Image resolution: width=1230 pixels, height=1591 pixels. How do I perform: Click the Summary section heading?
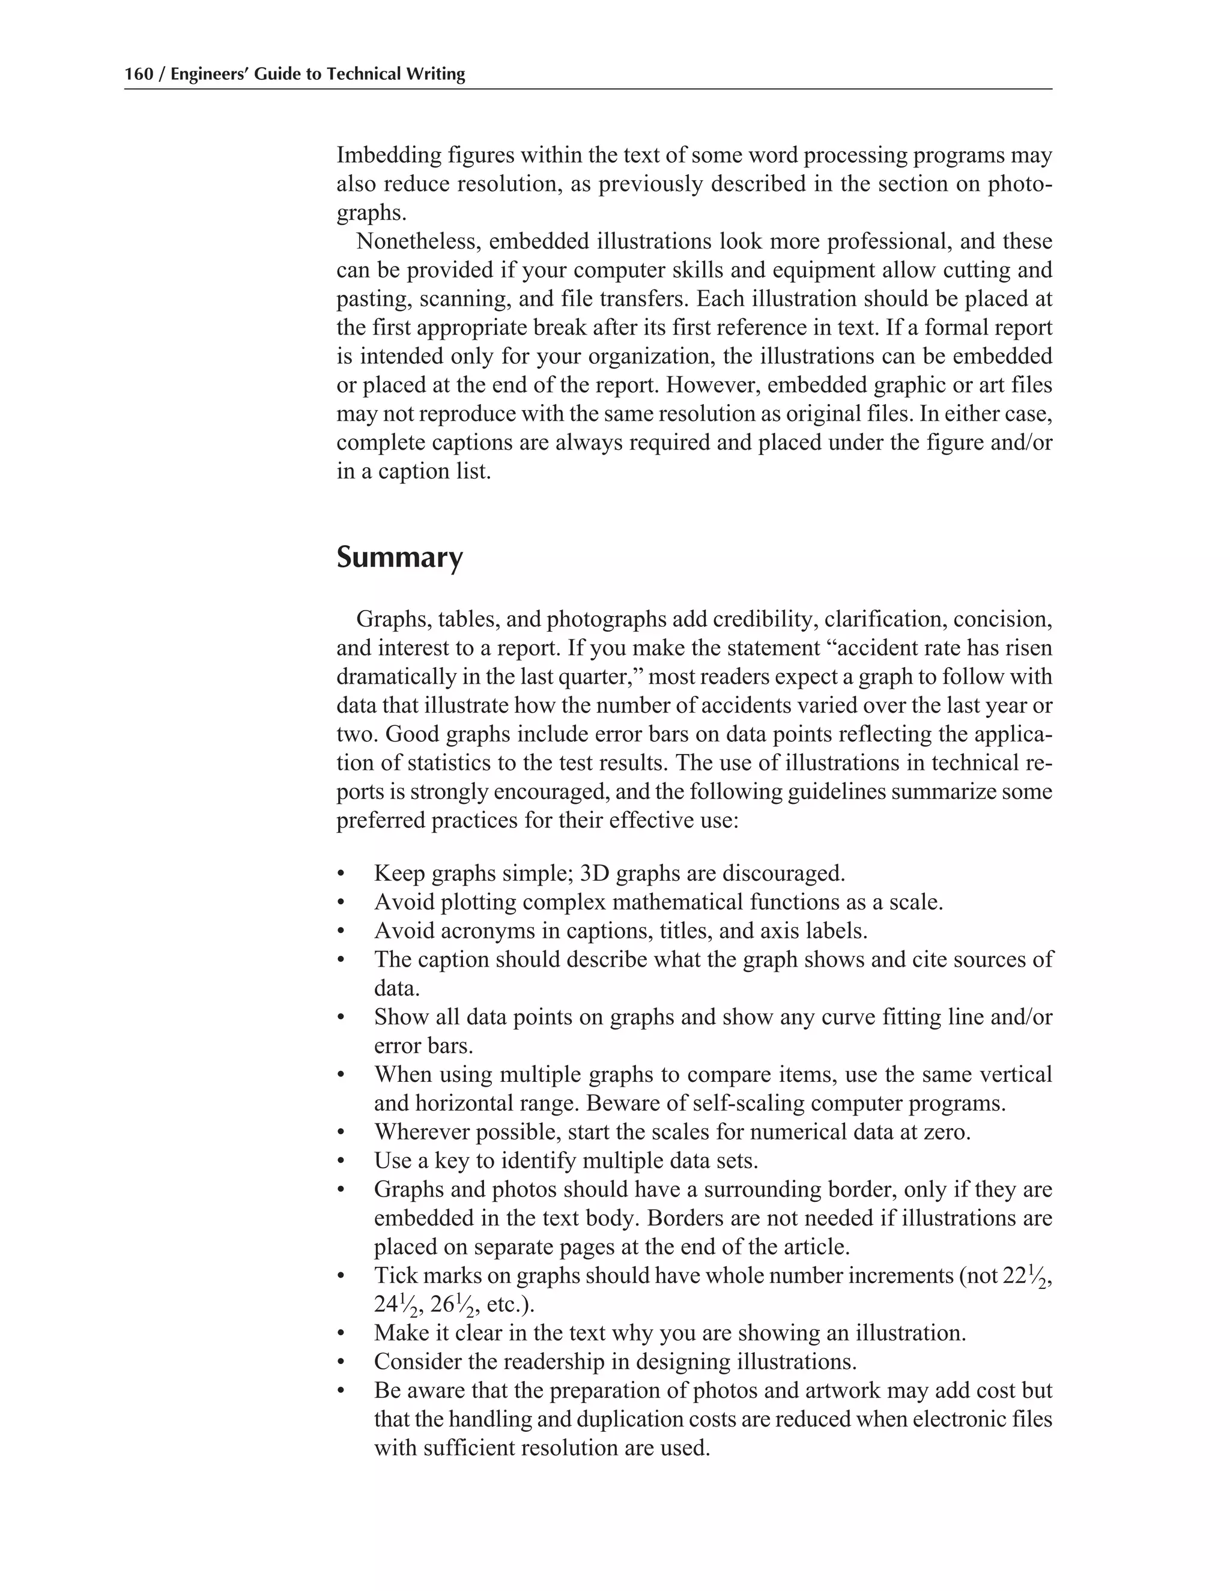point(399,558)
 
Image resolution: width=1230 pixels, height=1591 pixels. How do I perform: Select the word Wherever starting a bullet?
point(421,1132)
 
